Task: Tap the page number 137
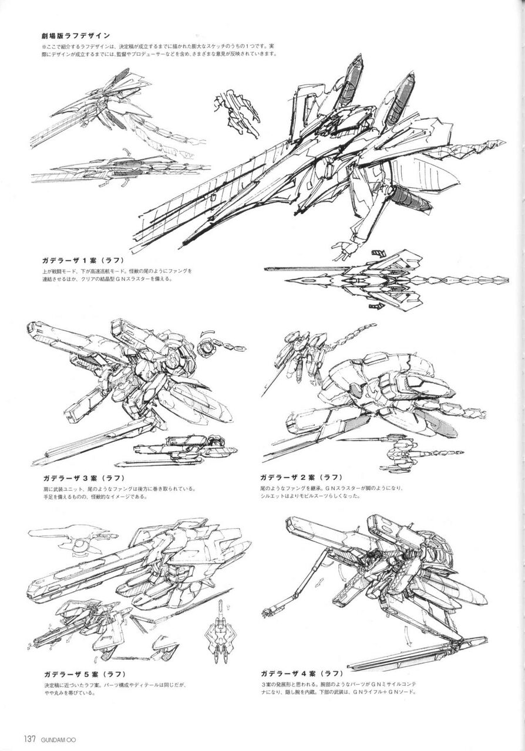pos(31,738)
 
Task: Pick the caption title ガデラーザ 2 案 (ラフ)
pos(301,476)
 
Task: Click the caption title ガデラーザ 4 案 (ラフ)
pos(301,673)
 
